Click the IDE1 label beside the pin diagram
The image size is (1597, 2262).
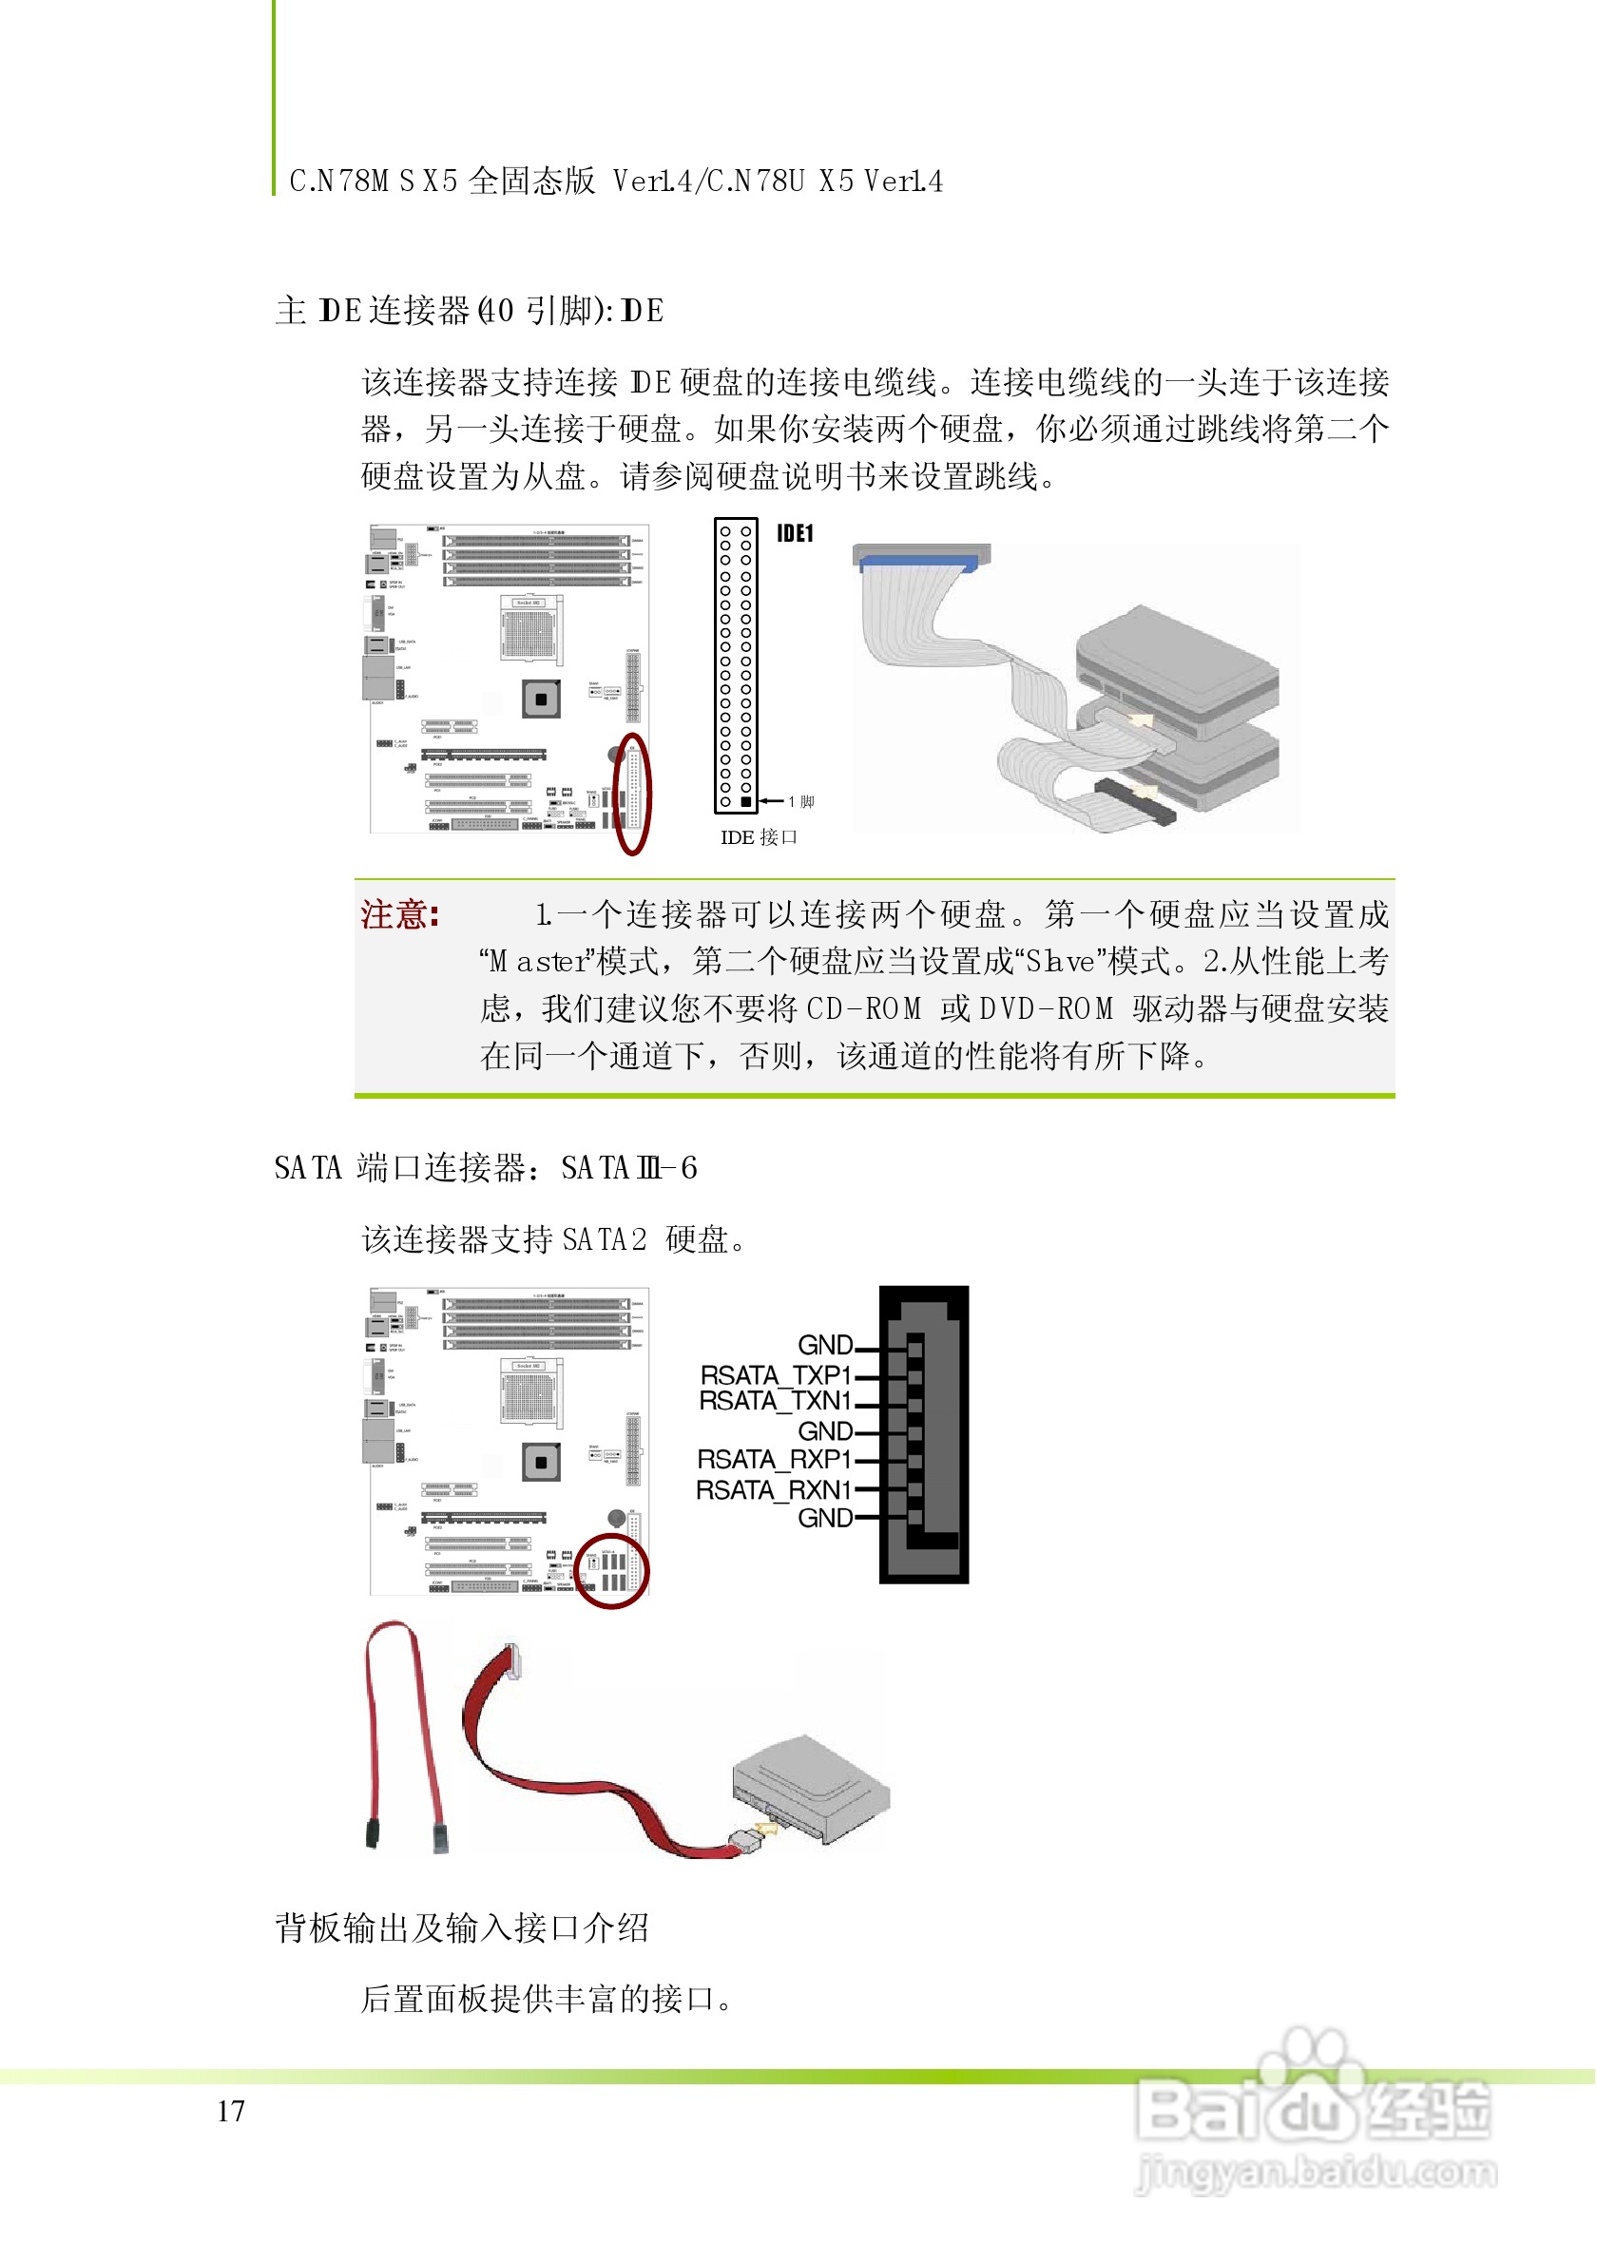click(x=795, y=534)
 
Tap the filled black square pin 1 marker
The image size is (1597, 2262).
click(x=746, y=802)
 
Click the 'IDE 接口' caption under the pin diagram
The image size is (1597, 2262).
click(x=759, y=837)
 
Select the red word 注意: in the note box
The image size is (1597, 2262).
click(x=399, y=915)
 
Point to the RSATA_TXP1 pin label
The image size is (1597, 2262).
click(x=775, y=1374)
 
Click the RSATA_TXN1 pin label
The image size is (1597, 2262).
click(x=775, y=1400)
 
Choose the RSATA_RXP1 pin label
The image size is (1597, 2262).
click(x=774, y=1459)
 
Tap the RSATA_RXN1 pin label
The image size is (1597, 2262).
click(x=773, y=1489)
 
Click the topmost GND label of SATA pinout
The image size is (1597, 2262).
click(x=824, y=1345)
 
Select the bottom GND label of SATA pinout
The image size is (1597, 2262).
click(x=824, y=1518)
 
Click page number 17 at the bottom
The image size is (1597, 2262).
click(x=231, y=2111)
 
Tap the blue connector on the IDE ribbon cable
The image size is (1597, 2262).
click(x=918, y=563)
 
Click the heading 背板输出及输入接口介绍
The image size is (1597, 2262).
click(x=461, y=1928)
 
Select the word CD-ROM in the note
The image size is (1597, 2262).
click(x=864, y=1008)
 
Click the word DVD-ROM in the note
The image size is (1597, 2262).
click(x=1047, y=1008)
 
